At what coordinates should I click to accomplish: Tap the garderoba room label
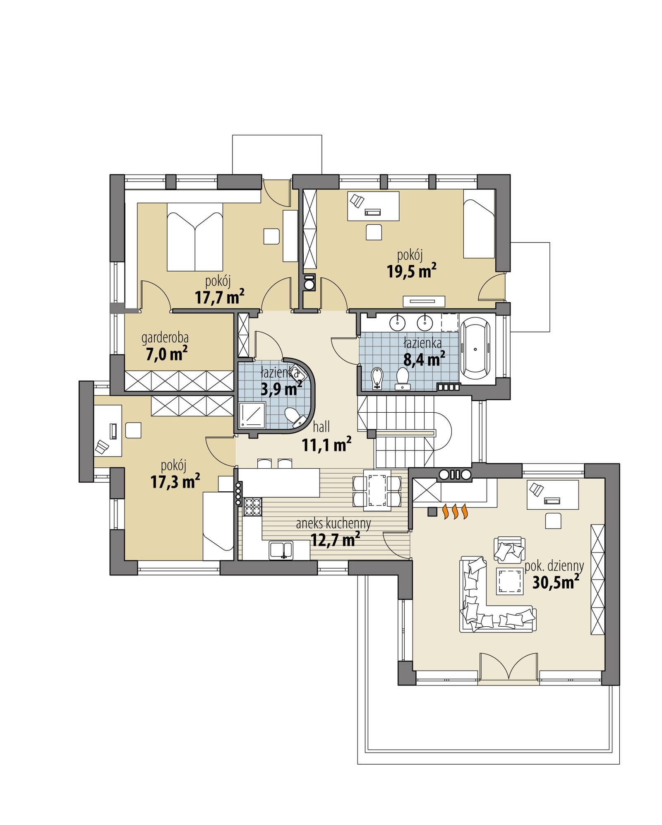point(165,338)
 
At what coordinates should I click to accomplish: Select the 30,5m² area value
point(555,582)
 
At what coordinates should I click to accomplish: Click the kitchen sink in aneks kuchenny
point(281,550)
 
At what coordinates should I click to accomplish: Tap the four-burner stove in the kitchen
point(253,507)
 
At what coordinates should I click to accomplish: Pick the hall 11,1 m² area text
point(326,445)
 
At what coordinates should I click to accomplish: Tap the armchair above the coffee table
point(509,550)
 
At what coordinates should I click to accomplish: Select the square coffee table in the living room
point(509,581)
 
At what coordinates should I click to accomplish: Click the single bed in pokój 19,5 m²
point(479,224)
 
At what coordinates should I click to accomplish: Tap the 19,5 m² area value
point(411,272)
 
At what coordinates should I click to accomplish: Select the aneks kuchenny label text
point(333,524)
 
